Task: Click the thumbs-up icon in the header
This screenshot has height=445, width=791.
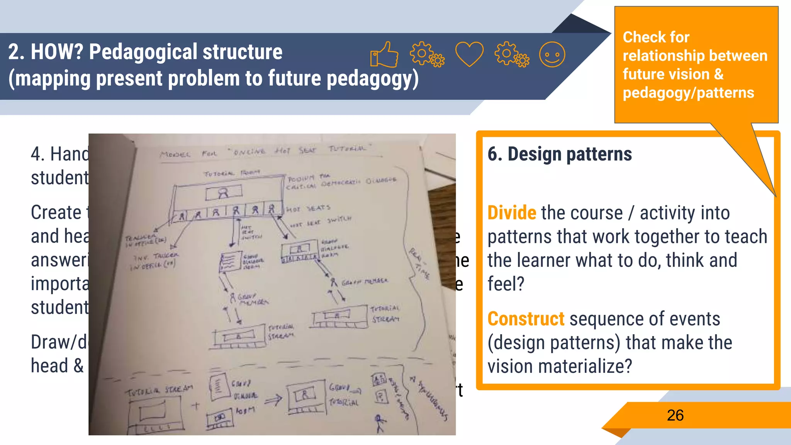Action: [384, 54]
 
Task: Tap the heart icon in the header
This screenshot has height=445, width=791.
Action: [469, 54]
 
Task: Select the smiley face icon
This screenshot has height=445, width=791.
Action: [552, 54]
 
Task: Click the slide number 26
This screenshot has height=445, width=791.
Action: [675, 416]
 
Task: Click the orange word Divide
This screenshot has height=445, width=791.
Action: [512, 213]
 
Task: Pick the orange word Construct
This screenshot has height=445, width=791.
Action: [526, 319]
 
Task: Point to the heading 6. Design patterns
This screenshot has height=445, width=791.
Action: [560, 154]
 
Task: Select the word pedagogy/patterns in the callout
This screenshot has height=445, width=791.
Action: [688, 93]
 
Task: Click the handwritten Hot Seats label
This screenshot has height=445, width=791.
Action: [308, 209]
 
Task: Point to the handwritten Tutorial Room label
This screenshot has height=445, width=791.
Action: [232, 173]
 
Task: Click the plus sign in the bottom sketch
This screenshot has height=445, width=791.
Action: [196, 406]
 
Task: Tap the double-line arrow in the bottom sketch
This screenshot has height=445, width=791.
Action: [273, 400]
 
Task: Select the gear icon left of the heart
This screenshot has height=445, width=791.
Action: [426, 54]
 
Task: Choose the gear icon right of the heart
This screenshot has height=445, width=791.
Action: [511, 54]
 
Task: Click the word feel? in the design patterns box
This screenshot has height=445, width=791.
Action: [506, 284]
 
